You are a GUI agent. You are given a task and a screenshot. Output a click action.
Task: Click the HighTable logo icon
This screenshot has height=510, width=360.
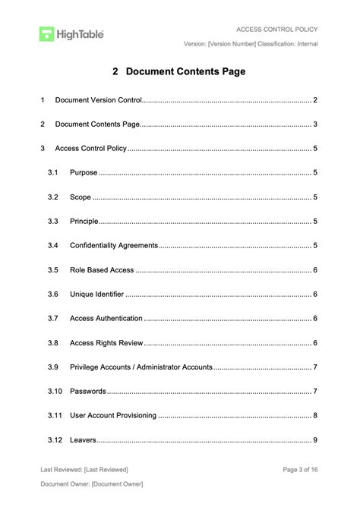pyautogui.click(x=47, y=33)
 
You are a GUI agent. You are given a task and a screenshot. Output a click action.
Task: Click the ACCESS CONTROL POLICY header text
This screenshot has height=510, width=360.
pyautogui.click(x=276, y=30)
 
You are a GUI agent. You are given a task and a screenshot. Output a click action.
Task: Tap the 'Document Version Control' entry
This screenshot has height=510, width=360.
pyautogui.click(x=98, y=100)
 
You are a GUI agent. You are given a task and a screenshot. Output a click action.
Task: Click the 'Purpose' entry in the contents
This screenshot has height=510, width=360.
pyautogui.click(x=84, y=173)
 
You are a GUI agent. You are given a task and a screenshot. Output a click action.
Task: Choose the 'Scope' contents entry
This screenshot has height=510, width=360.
pyautogui.click(x=81, y=197)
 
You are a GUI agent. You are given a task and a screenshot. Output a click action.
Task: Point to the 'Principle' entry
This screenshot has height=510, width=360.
pyautogui.click(x=84, y=222)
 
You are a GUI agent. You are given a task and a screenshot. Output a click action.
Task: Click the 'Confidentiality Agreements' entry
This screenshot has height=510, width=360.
pyautogui.click(x=113, y=246)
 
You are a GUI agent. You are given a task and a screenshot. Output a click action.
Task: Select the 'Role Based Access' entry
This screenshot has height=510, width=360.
pyautogui.click(x=102, y=270)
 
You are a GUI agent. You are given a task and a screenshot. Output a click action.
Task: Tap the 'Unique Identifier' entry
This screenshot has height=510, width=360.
pyautogui.click(x=97, y=294)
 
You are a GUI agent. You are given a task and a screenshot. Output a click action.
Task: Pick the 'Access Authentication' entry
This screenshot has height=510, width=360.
pyautogui.click(x=106, y=319)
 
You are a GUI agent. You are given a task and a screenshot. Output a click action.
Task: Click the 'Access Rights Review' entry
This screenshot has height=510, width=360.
pyautogui.click(x=106, y=343)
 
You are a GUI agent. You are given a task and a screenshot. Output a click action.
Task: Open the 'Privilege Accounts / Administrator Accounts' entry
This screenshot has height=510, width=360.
pyautogui.click(x=141, y=367)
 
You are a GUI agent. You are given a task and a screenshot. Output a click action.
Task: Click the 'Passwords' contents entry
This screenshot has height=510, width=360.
pyautogui.click(x=88, y=392)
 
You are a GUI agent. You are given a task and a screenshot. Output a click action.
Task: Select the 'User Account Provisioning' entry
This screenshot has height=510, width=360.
pyautogui.click(x=113, y=416)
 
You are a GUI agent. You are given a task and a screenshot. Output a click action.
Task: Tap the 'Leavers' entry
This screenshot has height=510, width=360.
pyautogui.click(x=83, y=440)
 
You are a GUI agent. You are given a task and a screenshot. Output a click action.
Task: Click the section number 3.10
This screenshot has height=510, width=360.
pyautogui.click(x=54, y=392)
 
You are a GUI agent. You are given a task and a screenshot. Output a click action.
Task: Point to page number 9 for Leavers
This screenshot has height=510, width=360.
pyautogui.click(x=315, y=440)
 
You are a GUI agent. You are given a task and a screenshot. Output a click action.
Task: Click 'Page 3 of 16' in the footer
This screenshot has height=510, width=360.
pyautogui.click(x=300, y=470)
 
